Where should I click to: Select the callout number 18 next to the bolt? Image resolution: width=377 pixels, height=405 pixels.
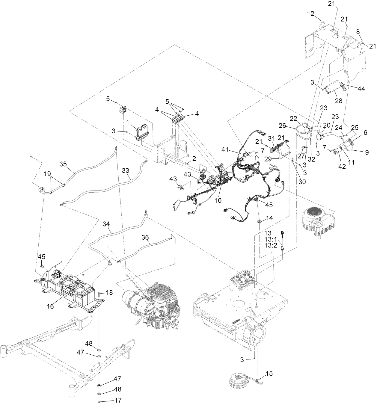pyautogui.click(x=110, y=292)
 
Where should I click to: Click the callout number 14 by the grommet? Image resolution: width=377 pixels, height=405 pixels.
pyautogui.click(x=269, y=218)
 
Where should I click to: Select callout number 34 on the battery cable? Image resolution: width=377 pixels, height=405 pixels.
pyautogui.click(x=106, y=223)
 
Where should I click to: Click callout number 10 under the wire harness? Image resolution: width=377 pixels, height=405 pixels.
pyautogui.click(x=218, y=200)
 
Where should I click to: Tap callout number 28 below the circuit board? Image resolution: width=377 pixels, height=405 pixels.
pyautogui.click(x=338, y=101)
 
